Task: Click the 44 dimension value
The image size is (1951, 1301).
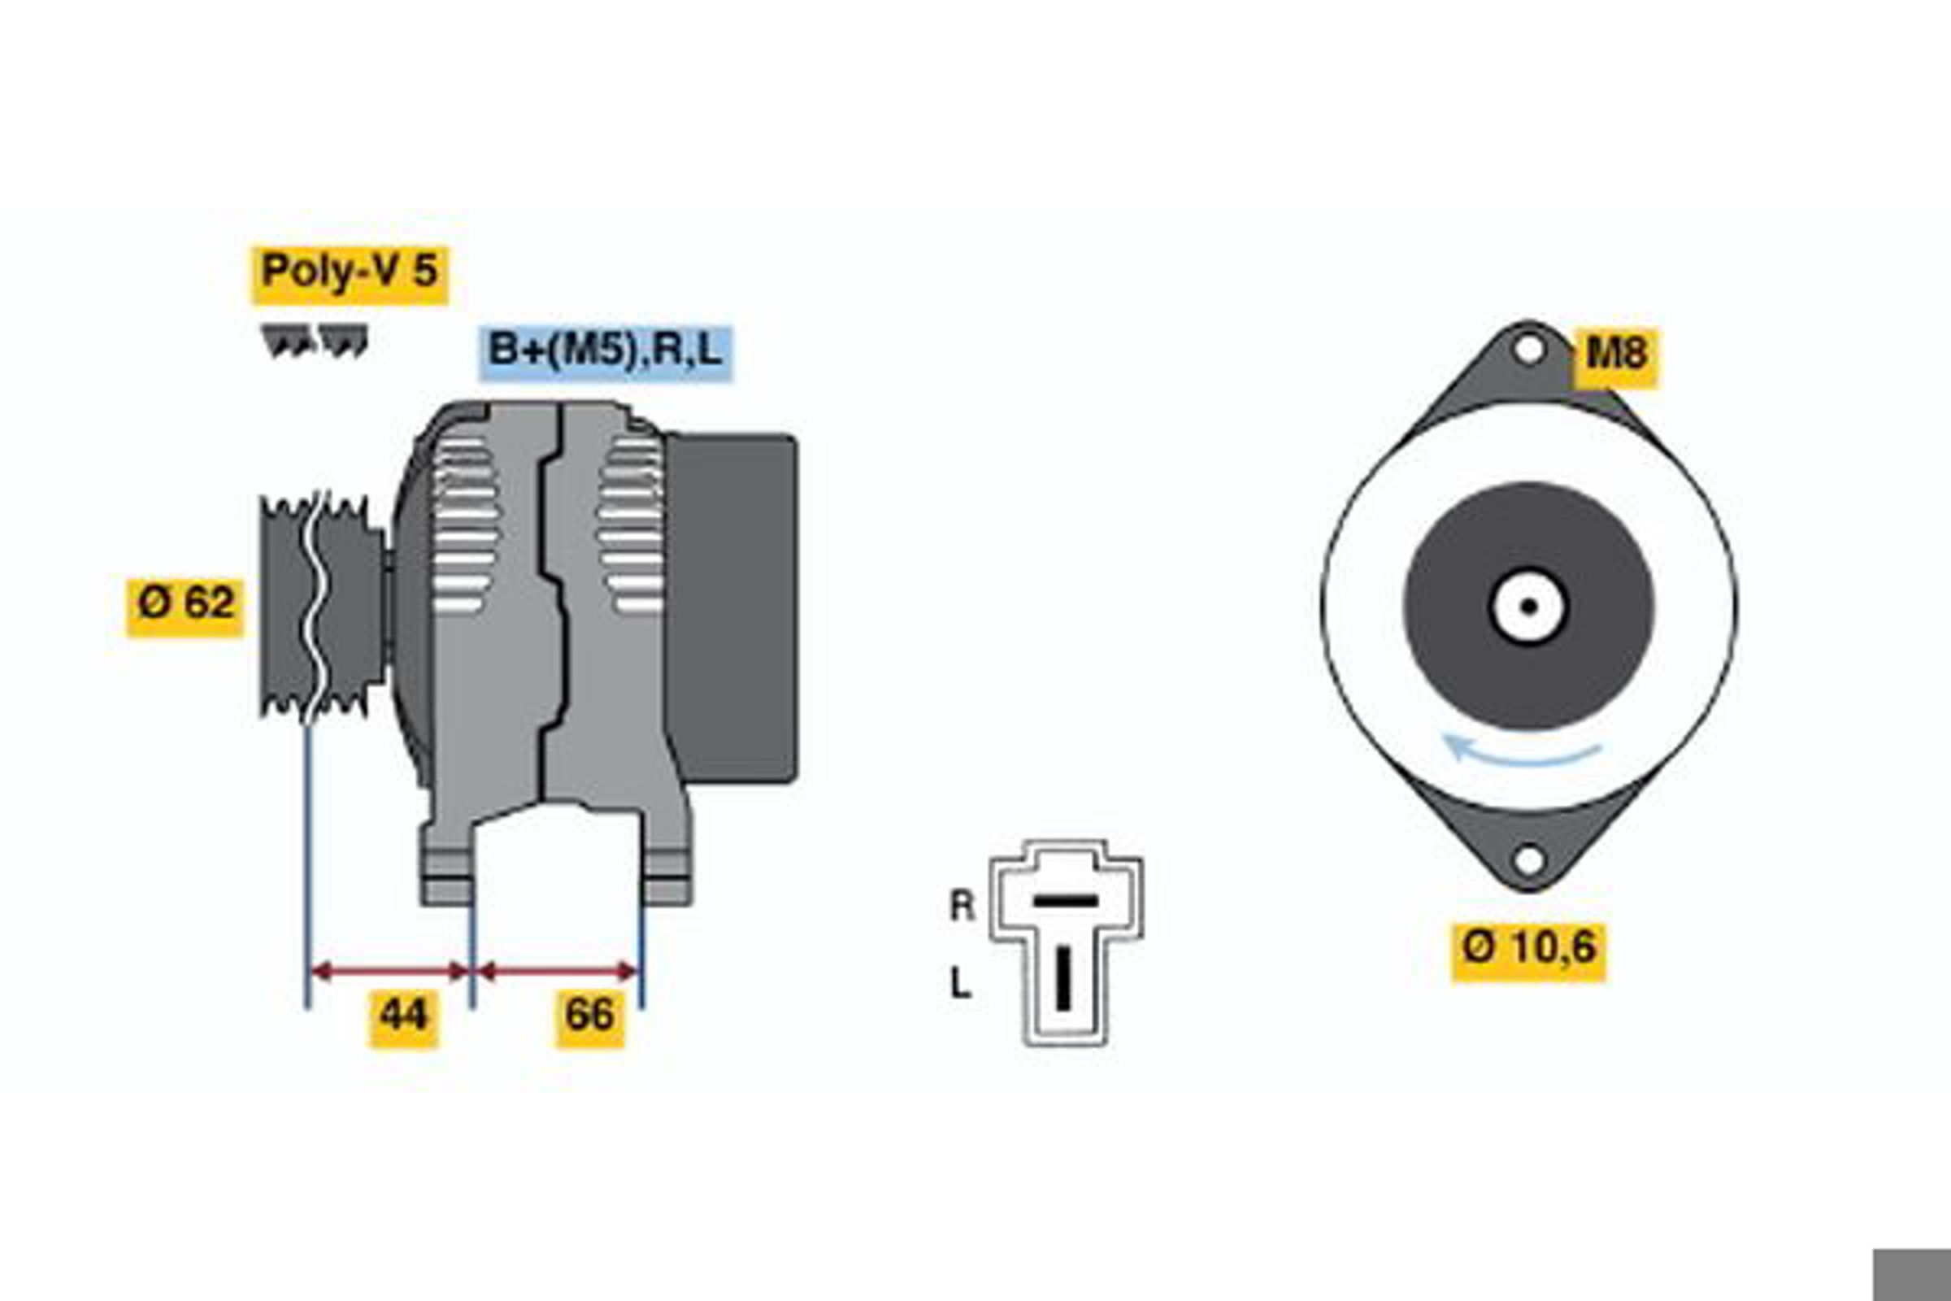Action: tap(404, 1018)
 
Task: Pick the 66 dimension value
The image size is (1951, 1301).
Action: tap(590, 1018)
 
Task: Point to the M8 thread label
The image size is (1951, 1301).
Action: tap(1617, 358)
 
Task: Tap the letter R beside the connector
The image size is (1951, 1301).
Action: tap(962, 905)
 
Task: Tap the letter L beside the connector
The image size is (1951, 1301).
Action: tap(960, 984)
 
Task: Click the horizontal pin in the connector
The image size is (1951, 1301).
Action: tap(1065, 901)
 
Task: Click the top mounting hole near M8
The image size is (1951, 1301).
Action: tap(1528, 349)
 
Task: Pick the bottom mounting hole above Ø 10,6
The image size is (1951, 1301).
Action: tap(1529, 859)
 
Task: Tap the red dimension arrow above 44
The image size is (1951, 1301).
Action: tap(389, 971)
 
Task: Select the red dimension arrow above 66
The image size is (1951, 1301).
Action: tap(558, 971)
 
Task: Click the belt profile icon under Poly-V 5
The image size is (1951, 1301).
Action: tap(315, 341)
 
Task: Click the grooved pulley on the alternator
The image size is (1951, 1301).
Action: tap(322, 607)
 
